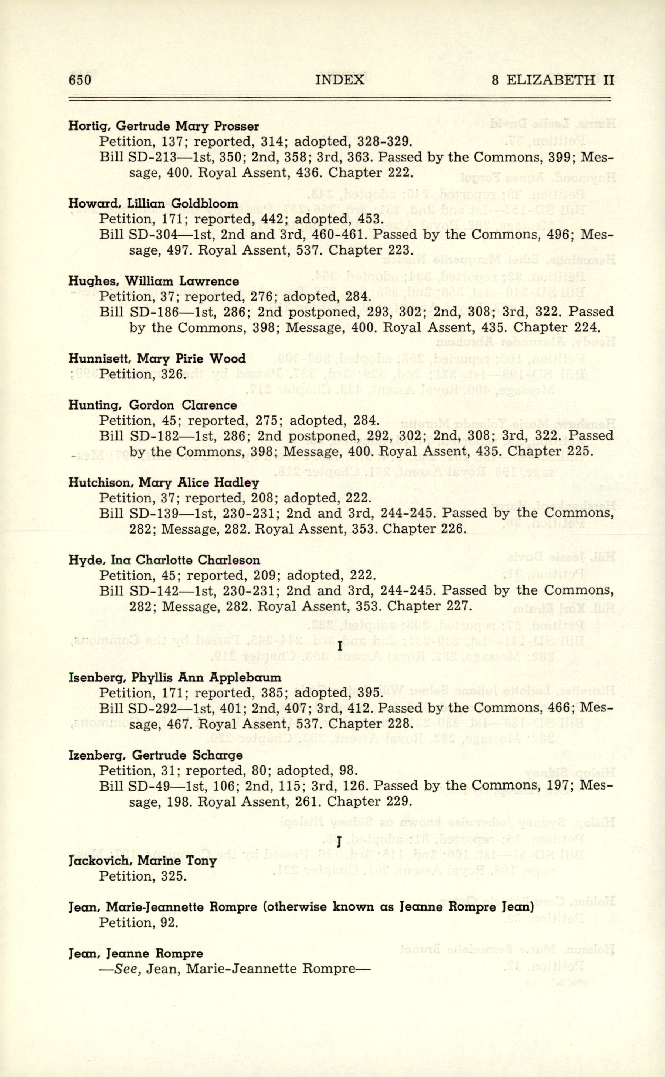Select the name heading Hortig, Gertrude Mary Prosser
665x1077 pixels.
click(x=164, y=126)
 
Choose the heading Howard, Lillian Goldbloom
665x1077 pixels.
click(x=153, y=203)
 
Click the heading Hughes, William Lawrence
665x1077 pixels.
click(x=154, y=281)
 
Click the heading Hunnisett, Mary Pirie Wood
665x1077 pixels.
click(x=157, y=359)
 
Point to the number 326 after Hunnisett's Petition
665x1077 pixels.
click(x=172, y=374)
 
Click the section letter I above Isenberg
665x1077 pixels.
click(x=340, y=647)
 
